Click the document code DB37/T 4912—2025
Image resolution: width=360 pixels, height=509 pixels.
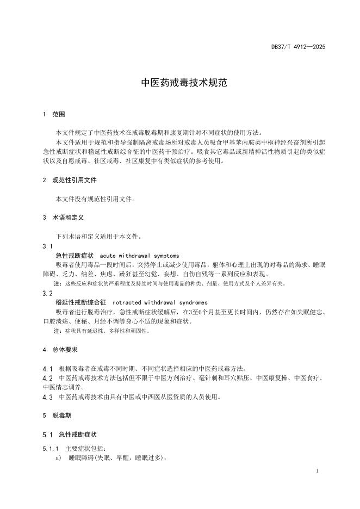click(299, 47)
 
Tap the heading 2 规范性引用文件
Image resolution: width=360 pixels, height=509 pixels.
click(69, 180)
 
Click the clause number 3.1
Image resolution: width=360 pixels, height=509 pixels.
click(47, 246)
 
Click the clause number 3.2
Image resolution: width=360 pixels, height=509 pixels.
click(47, 293)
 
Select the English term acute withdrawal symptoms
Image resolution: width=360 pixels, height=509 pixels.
click(140, 255)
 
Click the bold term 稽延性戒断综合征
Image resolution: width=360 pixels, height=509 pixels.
click(81, 302)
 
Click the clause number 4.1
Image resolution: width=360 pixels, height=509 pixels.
click(47, 368)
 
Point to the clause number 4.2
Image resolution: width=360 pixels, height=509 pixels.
click(47, 377)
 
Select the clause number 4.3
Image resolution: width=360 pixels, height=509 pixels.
click(47, 397)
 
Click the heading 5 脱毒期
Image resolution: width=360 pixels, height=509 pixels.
click(57, 415)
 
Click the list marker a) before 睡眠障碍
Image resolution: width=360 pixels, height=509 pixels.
click(58, 458)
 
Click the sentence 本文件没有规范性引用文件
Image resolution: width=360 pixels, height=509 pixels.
click(95, 198)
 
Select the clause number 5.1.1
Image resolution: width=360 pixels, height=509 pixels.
click(51, 449)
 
